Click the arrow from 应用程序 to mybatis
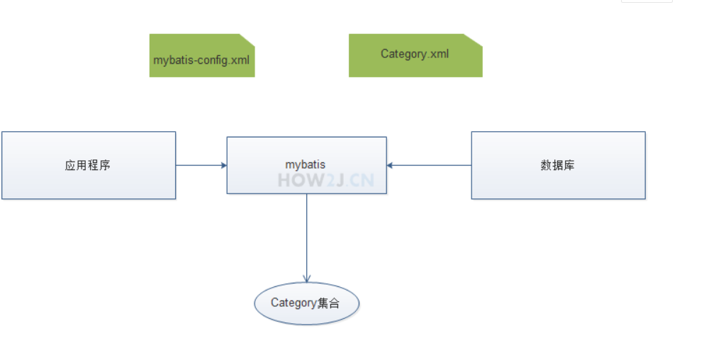[201, 165]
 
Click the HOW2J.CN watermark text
[325, 179]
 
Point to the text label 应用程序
[88, 165]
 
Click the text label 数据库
[557, 165]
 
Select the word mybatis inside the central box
[306, 164]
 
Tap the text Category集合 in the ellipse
[306, 303]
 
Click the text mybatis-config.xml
[201, 60]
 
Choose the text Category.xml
[415, 54]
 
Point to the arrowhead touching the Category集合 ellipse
[306, 279]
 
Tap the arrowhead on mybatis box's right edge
[391, 165]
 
